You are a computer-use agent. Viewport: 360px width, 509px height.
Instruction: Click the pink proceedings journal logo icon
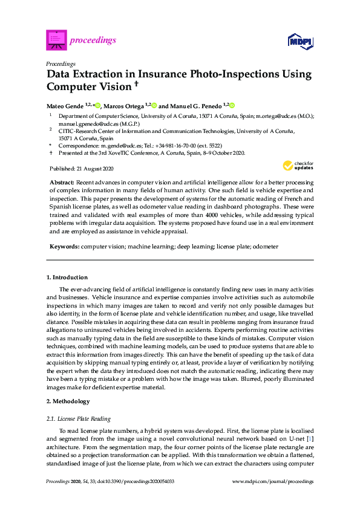[56, 40]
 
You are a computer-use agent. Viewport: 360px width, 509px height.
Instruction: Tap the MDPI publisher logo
[300, 41]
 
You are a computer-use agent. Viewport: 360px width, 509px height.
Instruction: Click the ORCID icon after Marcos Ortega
[154, 105]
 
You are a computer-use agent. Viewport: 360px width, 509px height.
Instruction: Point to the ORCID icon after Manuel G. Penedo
[231, 105]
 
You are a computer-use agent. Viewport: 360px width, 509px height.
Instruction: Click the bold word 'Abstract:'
[62, 182]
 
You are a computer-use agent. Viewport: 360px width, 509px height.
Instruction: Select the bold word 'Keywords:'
[64, 247]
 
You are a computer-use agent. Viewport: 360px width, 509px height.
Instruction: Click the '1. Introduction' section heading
[67, 277]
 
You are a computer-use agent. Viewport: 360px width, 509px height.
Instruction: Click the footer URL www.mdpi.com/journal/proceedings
[273, 482]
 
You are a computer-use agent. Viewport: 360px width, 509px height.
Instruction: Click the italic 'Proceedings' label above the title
[61, 63]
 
